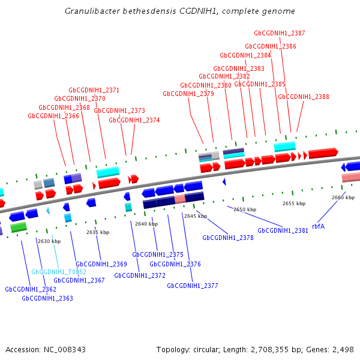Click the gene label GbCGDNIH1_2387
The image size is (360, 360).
pyautogui.click(x=279, y=33)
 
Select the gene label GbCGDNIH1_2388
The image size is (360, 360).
pyautogui.click(x=303, y=97)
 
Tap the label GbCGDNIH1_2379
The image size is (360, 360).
pyautogui.click(x=188, y=94)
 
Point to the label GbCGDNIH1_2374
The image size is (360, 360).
pyautogui.click(x=134, y=120)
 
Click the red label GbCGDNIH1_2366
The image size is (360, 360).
pyautogui.click(x=53, y=116)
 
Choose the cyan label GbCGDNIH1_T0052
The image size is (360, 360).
pyautogui.click(x=59, y=272)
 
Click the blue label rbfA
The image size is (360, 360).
pyautogui.click(x=318, y=226)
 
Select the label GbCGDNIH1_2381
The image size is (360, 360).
pyautogui.click(x=283, y=230)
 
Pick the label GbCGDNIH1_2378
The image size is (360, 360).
pyautogui.click(x=228, y=238)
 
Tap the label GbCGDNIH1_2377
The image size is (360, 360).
pyautogui.click(x=193, y=286)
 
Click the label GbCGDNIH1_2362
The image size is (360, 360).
pyautogui.click(x=31, y=289)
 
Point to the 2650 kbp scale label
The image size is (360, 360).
pyautogui.click(x=245, y=209)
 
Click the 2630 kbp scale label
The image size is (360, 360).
pyautogui.click(x=49, y=241)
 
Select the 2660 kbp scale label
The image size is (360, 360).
pyautogui.click(x=343, y=197)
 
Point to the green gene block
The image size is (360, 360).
pyautogui.click(x=19, y=227)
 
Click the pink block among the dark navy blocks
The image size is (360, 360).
pyautogui.click(x=179, y=199)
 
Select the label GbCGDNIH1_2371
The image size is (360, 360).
pyautogui.click(x=94, y=90)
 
